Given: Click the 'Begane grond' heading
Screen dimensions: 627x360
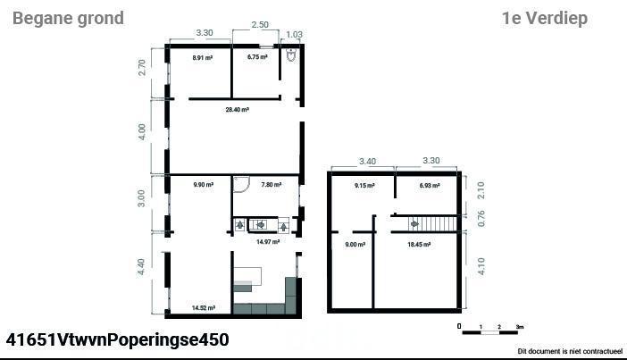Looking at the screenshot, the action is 69,19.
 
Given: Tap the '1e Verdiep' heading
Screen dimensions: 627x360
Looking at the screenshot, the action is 545,19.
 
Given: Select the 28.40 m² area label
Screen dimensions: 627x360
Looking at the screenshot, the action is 238,110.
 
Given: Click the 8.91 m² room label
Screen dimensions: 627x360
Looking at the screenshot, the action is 203,57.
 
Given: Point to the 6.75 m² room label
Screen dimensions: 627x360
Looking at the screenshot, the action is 257,57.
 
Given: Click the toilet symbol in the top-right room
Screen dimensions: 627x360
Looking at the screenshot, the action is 291,55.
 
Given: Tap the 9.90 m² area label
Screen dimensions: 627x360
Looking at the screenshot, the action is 203,185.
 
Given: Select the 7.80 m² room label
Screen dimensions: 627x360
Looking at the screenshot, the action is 272,185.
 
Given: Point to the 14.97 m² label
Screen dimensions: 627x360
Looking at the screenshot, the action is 268,242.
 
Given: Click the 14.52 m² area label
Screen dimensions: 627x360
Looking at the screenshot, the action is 204,308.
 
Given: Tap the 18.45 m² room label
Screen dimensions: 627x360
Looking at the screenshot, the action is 419,245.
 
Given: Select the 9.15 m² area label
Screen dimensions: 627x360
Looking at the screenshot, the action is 364,186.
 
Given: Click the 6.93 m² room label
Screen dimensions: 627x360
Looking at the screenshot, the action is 430,186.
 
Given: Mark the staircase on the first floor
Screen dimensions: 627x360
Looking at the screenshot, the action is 432,224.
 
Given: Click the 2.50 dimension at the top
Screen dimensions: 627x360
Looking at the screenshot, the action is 260,25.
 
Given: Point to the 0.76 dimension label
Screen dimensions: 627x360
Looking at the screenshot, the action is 481,218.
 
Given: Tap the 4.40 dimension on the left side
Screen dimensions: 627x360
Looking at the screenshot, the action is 141,267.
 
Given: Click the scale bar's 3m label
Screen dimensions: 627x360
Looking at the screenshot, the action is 520,327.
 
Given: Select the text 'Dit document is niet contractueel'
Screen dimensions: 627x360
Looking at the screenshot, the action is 570,352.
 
